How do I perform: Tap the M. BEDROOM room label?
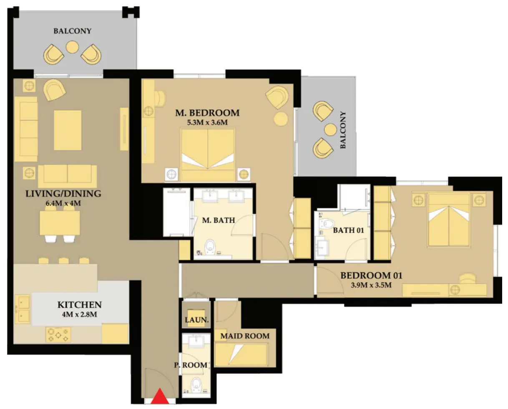(207, 113)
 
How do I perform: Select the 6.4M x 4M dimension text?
(63, 203)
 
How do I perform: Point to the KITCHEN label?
(80, 305)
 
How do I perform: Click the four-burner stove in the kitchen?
(58, 335)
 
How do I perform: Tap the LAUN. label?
(196, 320)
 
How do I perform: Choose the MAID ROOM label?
(245, 336)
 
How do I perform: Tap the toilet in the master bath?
(210, 247)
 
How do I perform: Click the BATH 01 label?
(348, 230)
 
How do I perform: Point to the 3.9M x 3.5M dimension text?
(371, 285)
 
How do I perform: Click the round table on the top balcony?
(72, 47)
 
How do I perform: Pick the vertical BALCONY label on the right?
(343, 130)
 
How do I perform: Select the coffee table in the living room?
(68, 130)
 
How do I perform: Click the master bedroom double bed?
(208, 155)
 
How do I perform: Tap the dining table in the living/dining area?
(60, 223)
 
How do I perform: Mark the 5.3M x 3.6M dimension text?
(207, 123)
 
